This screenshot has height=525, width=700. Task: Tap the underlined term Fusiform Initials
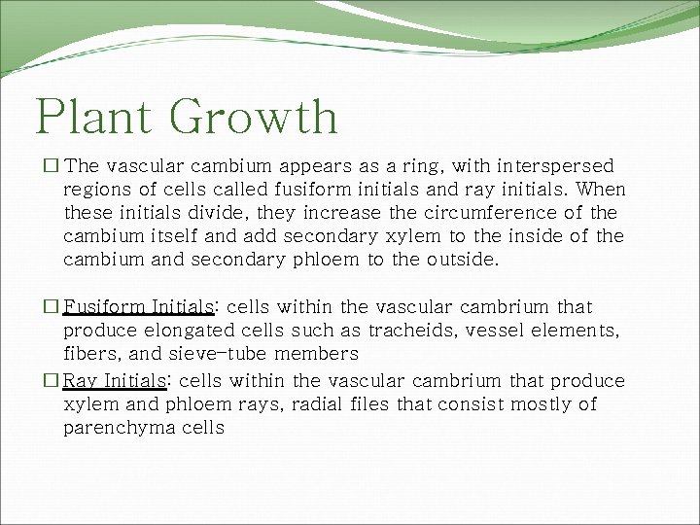click(x=138, y=307)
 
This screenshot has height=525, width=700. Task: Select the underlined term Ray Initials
click(x=115, y=380)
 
